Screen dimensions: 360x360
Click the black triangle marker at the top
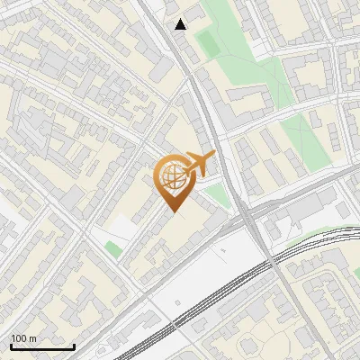pyautogui.click(x=182, y=24)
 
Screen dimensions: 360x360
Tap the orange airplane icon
pyautogui.click(x=198, y=165)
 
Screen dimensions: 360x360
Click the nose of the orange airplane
pyautogui.click(x=214, y=155)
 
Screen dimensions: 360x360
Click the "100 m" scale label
pyautogui.click(x=23, y=337)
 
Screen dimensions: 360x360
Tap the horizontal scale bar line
pyautogui.click(x=42, y=346)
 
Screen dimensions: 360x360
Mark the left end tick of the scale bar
pyautogui.click(x=11, y=345)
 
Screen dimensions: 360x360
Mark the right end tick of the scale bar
pyautogui.click(x=74, y=345)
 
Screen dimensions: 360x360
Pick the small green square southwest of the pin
pyautogui.click(x=112, y=248)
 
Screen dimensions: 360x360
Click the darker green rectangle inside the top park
pyautogui.click(x=208, y=42)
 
